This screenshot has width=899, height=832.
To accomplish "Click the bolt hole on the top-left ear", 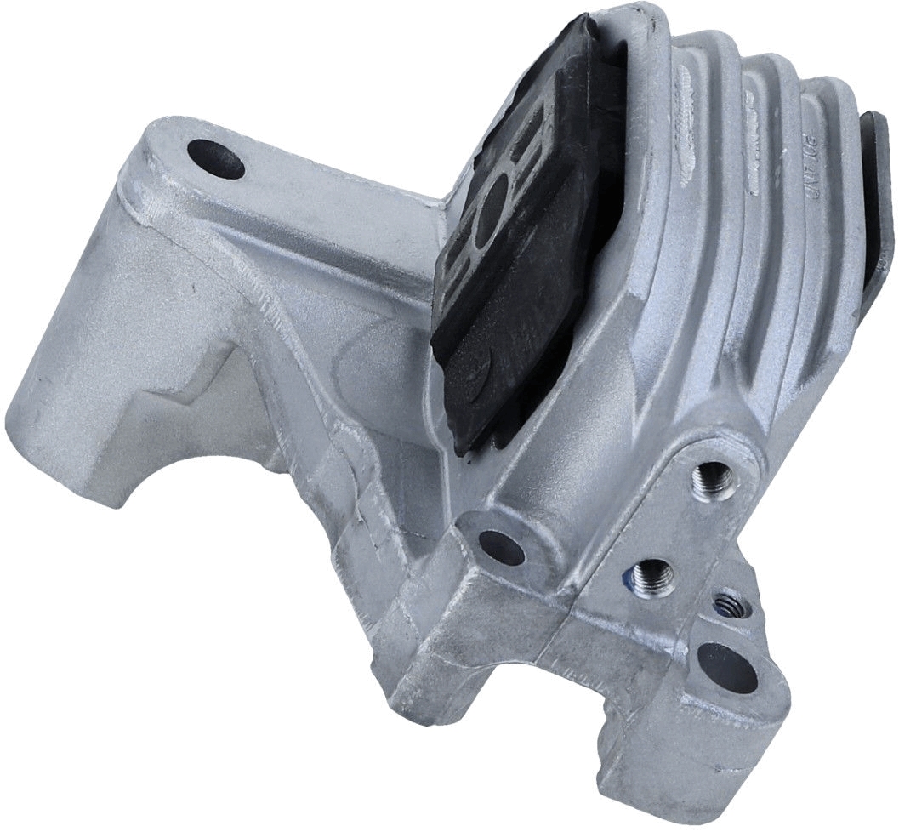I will tap(212, 158).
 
